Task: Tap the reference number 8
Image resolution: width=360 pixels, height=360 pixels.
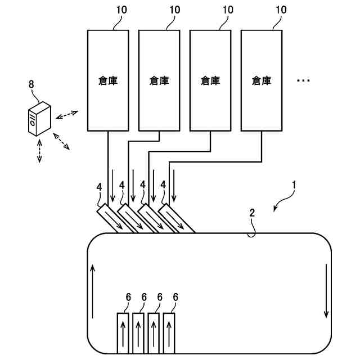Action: pos(31,84)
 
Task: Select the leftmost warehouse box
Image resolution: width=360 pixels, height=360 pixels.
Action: pos(108,80)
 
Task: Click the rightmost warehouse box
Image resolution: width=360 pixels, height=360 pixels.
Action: pos(262,80)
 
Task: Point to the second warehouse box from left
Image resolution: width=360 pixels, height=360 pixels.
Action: pos(159,80)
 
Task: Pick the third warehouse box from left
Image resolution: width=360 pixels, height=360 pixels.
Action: pos(210,80)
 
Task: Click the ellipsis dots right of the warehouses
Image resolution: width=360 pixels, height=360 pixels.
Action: pos(303,81)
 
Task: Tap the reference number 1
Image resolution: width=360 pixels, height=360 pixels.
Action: pos(294,184)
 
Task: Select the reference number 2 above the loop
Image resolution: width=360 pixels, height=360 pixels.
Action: pos(252,213)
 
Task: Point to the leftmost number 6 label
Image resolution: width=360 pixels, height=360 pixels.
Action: pos(128,297)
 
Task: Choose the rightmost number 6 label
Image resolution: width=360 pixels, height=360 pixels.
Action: pos(175,297)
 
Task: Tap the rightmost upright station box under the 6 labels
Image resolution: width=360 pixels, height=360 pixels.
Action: pos(170,333)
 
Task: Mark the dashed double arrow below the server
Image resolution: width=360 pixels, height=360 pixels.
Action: pos(39,151)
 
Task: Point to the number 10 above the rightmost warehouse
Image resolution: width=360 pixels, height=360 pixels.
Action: pos(280,10)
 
